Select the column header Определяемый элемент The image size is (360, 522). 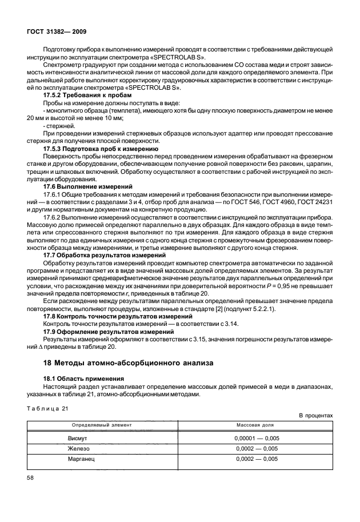[101, 425]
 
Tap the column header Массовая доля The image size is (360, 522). [255, 425]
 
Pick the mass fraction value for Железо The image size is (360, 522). [255, 449]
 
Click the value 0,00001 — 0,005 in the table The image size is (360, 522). [255, 439]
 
